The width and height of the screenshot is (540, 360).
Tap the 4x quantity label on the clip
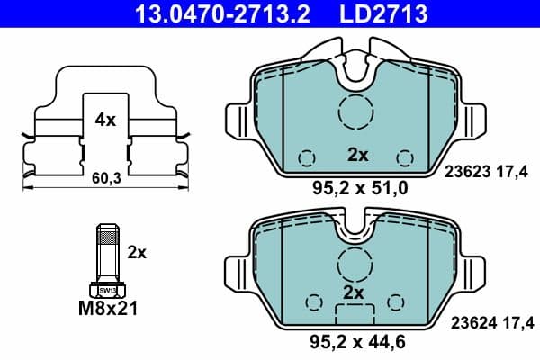tap(104, 118)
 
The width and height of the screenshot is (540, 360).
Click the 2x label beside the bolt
tap(137, 253)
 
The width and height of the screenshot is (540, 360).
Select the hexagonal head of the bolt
tap(107, 290)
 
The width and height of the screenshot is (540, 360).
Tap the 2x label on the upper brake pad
tap(358, 155)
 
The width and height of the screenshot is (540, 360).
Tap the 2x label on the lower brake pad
tap(353, 293)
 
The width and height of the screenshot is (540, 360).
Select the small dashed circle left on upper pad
tap(307, 157)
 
